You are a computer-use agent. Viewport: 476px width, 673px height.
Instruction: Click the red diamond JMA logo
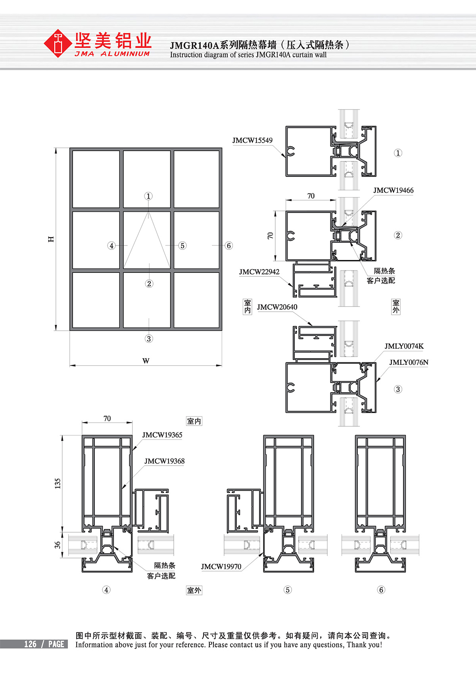58,43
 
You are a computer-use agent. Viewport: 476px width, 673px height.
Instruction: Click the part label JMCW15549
252,140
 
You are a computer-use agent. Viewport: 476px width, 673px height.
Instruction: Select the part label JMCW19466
393,190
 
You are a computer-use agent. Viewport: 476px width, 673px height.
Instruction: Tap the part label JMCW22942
259,272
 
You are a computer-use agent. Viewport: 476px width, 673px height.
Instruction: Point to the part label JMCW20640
277,307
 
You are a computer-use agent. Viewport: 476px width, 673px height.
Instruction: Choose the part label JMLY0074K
404,346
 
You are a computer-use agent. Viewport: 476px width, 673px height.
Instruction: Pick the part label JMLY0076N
409,362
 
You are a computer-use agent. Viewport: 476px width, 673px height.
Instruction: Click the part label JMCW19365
162,435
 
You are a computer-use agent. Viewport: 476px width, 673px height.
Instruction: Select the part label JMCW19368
164,461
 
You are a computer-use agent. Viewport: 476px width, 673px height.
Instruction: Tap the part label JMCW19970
221,566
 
